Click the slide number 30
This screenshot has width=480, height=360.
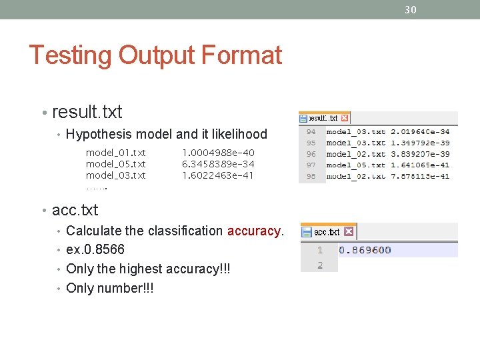point(411,9)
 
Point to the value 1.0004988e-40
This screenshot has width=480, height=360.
point(218,153)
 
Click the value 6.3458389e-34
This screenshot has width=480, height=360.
point(218,164)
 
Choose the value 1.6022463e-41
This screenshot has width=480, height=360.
point(218,175)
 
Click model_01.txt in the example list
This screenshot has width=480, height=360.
point(116,153)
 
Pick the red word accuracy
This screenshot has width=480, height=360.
point(254,231)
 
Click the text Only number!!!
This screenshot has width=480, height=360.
point(110,288)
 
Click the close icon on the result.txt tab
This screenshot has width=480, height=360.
point(345,118)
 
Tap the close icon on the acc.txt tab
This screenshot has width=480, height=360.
point(348,232)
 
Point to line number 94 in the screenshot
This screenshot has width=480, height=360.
point(311,132)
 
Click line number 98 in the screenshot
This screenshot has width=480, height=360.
point(311,176)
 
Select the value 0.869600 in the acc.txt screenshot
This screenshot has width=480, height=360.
point(365,251)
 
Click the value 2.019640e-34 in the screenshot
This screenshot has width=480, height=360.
point(420,132)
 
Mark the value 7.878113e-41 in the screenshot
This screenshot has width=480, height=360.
point(420,176)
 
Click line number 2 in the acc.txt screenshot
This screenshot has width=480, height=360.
point(320,265)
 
